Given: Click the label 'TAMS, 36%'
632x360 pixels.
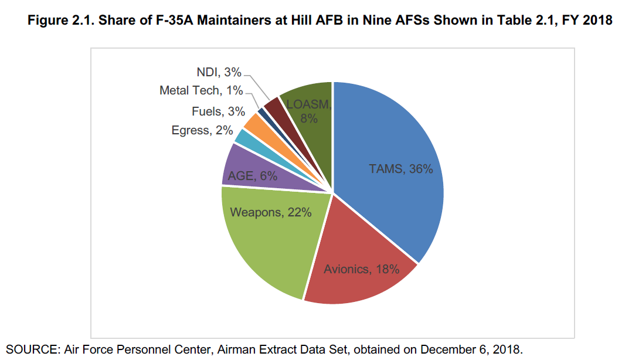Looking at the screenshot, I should (400, 169).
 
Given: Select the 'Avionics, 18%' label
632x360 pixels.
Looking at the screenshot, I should (361, 269).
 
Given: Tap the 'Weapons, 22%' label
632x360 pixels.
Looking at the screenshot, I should (270, 212).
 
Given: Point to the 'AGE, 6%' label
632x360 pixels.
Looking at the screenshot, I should (253, 175).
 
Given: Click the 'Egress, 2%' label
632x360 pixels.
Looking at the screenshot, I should (202, 131).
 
